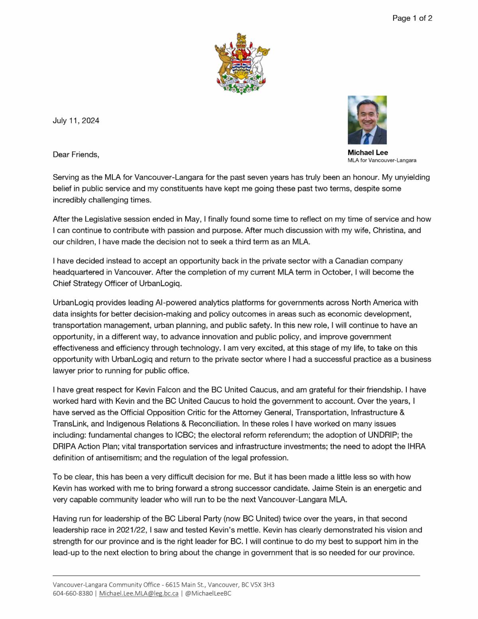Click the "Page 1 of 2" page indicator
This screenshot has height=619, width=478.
click(412, 18)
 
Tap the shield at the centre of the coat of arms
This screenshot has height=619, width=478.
click(241, 64)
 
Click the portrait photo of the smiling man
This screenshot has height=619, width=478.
click(367, 120)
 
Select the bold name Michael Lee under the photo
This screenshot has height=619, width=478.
click(367, 152)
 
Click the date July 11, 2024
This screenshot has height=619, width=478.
click(76, 120)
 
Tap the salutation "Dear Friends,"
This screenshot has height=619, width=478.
click(76, 154)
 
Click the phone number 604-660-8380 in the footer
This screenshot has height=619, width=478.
click(72, 593)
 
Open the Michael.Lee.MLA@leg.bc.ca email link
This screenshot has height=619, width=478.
click(139, 593)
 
